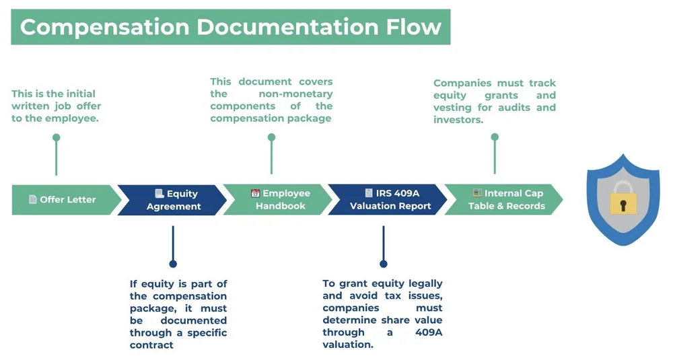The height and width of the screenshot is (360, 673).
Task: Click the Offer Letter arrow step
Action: click(64, 200)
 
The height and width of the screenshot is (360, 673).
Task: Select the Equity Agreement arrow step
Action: click(174, 200)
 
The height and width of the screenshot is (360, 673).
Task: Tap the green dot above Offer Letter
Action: click(57, 137)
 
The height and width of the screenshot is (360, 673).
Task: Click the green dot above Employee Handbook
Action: click(271, 137)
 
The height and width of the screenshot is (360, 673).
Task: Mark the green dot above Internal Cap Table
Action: click(495, 137)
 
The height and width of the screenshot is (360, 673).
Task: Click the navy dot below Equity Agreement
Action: click(173, 264)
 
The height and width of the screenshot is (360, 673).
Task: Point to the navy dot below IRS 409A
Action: click(384, 264)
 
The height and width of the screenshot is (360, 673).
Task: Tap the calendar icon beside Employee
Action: click(255, 193)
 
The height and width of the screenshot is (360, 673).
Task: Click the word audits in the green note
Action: click(513, 108)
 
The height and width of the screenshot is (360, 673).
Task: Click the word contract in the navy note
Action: click(151, 345)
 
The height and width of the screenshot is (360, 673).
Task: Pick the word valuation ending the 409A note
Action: click(347, 345)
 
